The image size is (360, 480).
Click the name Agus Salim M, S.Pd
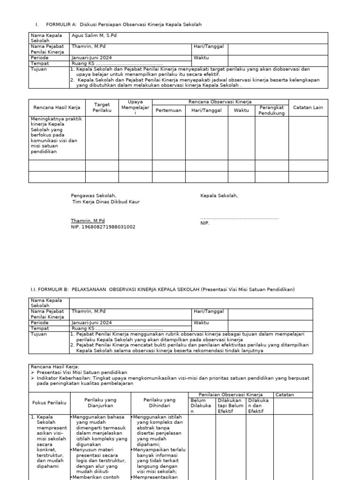point(93,36)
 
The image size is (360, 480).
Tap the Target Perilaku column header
point(102,107)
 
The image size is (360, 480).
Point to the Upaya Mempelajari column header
point(135,107)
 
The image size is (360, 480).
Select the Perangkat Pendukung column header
point(271,110)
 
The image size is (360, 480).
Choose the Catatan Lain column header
point(308,107)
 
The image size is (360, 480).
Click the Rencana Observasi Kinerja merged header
point(220,102)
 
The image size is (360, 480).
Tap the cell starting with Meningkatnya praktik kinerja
point(57,135)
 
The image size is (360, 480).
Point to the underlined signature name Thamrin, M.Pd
point(88,220)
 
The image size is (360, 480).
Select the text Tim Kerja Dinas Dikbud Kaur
point(105,202)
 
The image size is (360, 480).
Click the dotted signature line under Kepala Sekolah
point(239,218)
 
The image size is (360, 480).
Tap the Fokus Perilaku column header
point(49,403)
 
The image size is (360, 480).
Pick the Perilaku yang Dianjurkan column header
point(100,403)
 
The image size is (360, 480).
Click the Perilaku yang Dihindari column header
point(159,403)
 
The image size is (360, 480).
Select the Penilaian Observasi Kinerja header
point(231,395)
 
